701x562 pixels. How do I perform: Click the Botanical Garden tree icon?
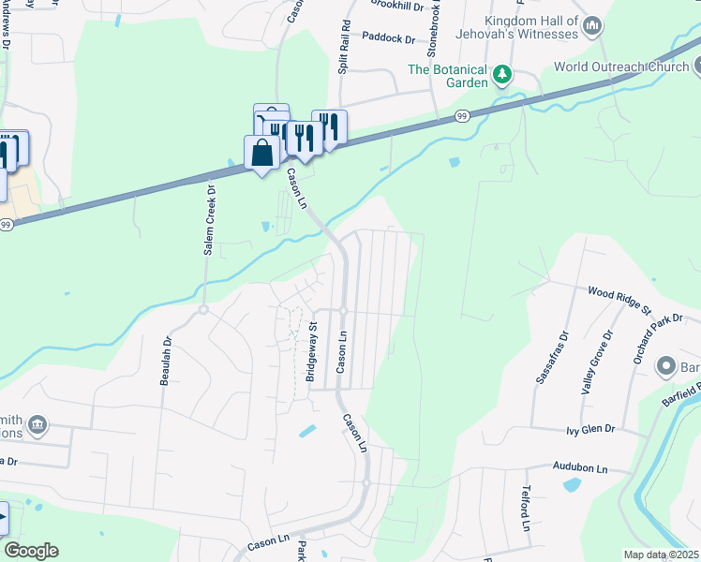[x=502, y=72]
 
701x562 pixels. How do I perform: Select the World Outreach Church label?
[x=619, y=67]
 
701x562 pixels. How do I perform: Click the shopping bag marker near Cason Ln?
[x=261, y=152]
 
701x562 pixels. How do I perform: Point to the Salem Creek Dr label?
[x=210, y=220]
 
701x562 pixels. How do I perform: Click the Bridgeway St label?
[x=311, y=352]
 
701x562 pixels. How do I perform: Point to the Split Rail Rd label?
[x=345, y=47]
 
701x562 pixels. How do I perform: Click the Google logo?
[x=31, y=551]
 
